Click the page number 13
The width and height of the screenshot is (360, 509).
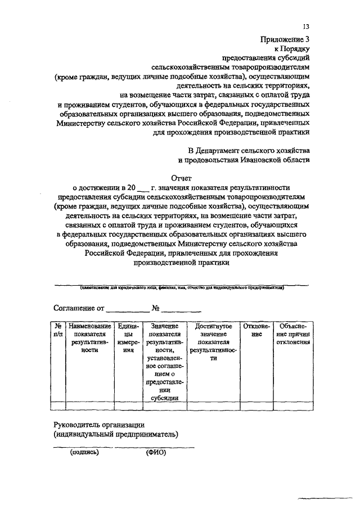[x=306, y=26]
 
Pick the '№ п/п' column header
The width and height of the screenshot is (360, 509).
[x=58, y=330]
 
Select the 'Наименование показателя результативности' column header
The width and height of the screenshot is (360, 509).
[x=89, y=337]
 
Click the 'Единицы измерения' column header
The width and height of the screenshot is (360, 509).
[x=124, y=337]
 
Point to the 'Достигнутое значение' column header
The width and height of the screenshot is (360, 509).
[x=213, y=338]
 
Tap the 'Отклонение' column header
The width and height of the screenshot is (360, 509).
[x=256, y=330]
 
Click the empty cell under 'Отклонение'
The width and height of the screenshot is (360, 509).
[x=256, y=406]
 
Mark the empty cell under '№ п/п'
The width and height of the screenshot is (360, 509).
[x=58, y=406]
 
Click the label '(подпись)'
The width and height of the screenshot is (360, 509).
[x=84, y=452]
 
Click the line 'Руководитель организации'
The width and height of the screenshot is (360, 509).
[x=100, y=424]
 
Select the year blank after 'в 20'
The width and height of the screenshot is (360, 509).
[x=143, y=187]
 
